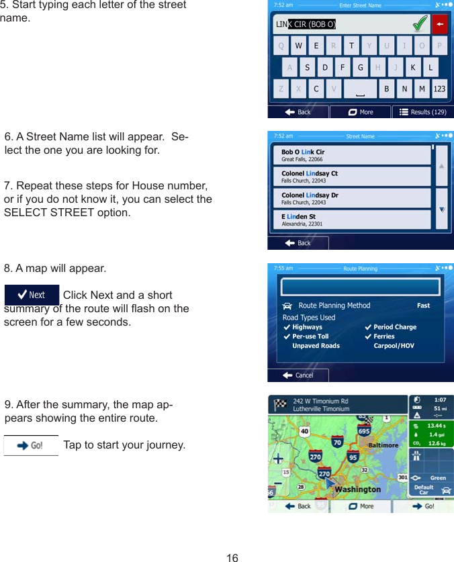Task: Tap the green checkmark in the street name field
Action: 420,24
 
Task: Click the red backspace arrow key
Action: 439,25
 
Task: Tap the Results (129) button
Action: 423,112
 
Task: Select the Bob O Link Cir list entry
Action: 351,155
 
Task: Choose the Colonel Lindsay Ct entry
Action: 351,177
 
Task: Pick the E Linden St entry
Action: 351,220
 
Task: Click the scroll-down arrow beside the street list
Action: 442,208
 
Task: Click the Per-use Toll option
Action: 310,336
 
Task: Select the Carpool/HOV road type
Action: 394,346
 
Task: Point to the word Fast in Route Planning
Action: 423,306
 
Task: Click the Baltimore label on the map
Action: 383,445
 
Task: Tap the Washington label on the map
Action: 357,489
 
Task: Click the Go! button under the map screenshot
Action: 423,506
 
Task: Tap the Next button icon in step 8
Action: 32,295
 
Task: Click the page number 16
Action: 232,557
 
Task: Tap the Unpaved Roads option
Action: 316,346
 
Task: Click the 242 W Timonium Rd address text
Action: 320,401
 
